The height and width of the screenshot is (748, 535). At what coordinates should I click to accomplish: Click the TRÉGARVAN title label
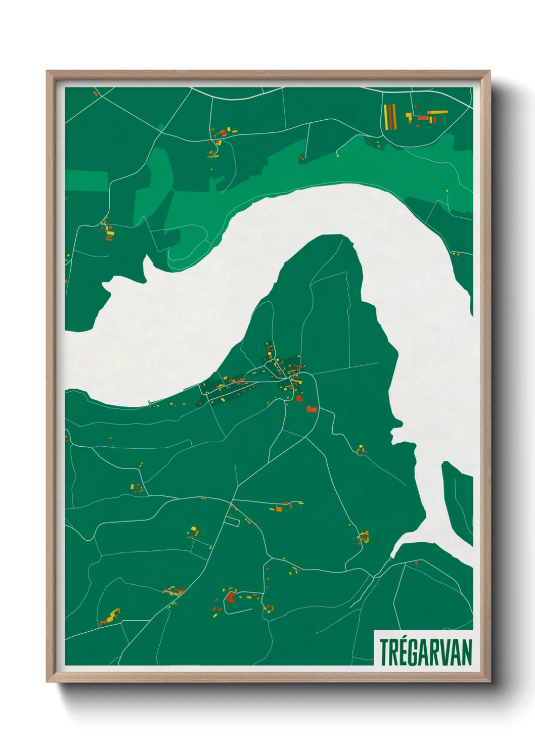coord(425,652)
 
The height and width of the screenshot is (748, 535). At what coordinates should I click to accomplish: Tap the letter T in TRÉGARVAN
coord(385,652)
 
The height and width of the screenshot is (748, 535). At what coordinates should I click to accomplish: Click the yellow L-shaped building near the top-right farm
coord(409,117)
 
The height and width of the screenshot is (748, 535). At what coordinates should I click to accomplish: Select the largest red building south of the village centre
coord(311,409)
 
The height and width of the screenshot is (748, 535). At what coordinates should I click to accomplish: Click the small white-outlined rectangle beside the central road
coord(232,521)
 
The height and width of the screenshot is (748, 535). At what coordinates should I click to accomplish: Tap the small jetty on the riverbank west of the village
coord(150,402)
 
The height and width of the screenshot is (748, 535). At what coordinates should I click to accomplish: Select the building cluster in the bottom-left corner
coord(111,617)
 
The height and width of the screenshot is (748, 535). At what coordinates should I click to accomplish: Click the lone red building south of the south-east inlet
coord(416,563)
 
